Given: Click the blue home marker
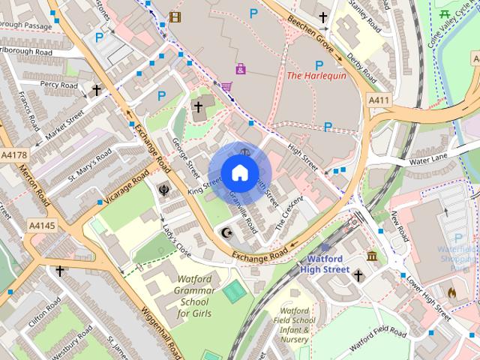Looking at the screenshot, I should pyautogui.click(x=239, y=172).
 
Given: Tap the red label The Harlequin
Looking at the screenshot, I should pyautogui.click(x=316, y=75).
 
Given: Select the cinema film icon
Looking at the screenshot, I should pyautogui.click(x=175, y=16).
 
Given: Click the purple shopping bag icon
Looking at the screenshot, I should pyautogui.click(x=240, y=69).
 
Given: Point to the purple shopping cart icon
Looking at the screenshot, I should pyautogui.click(x=226, y=87).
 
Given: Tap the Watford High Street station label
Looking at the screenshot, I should pyautogui.click(x=325, y=264).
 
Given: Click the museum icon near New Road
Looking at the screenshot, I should pyautogui.click(x=373, y=258).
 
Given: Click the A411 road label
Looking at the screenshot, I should pyautogui.click(x=378, y=100).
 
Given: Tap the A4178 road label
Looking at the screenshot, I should pyautogui.click(x=13, y=155).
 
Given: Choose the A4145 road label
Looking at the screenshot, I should pyautogui.click(x=42, y=224).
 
